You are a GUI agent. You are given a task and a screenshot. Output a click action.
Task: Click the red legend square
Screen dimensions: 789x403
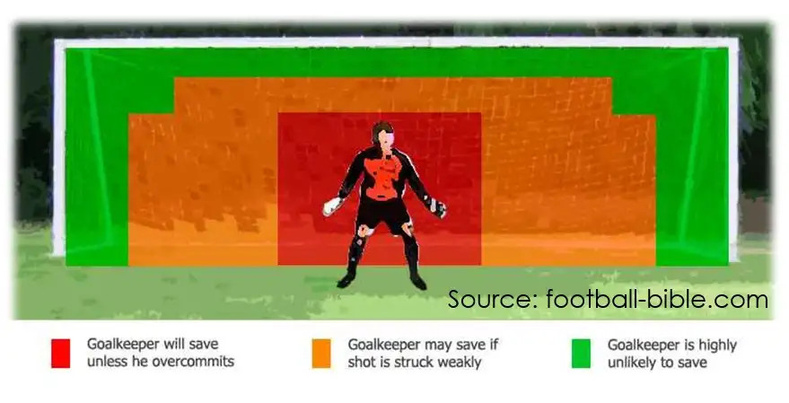click(x=60, y=354)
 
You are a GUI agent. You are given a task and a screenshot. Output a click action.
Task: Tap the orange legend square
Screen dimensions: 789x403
click(x=321, y=354)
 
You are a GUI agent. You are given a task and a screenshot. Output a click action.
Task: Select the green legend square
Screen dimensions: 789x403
click(x=581, y=354)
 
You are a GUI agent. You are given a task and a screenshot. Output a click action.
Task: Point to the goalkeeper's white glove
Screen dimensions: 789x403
click(x=332, y=206)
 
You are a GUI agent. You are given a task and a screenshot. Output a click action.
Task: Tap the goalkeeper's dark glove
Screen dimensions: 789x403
click(x=437, y=207)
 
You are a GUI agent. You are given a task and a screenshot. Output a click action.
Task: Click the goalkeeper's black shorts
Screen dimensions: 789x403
click(x=383, y=214)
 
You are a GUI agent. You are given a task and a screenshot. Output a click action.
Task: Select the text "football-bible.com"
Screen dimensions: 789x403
click(x=657, y=300)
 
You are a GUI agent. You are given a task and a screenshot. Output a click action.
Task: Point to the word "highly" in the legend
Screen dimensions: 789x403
click(x=717, y=346)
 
